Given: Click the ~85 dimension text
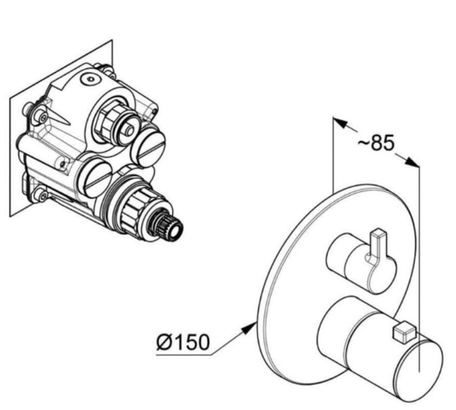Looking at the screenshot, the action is (x=376, y=142).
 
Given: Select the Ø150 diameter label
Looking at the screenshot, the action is (x=183, y=342).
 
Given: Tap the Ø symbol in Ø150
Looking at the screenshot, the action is (x=164, y=342).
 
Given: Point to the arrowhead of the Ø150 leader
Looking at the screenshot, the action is (x=249, y=328).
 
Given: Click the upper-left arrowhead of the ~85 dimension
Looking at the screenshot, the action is (x=340, y=122).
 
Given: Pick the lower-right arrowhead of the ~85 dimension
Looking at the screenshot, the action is (x=412, y=162).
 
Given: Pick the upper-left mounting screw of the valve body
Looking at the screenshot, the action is (x=41, y=116).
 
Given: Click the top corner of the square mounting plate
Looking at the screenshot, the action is (x=113, y=40).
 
